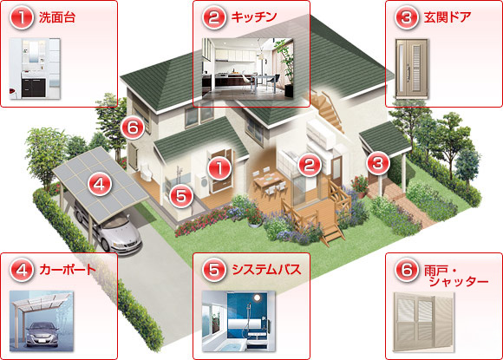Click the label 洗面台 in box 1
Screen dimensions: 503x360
[x=57, y=17]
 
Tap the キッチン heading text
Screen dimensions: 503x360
[x=254, y=17]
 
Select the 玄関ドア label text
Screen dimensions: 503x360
[x=447, y=17]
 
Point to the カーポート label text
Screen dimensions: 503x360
[x=68, y=270]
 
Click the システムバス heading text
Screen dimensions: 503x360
[x=266, y=270]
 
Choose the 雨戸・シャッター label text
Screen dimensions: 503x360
[x=455, y=276]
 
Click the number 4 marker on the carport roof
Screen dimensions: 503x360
[x=100, y=184]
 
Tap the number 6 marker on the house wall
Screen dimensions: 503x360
[x=133, y=128]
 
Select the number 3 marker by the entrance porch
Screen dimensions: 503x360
[x=378, y=163]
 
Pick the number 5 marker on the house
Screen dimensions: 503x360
[x=181, y=196]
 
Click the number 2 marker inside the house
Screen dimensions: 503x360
[x=310, y=165]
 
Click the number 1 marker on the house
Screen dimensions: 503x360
[x=219, y=168]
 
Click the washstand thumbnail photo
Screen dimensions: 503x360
[x=35, y=69]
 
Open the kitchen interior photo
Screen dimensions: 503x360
[x=247, y=68]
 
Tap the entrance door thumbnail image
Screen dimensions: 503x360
[x=412, y=69]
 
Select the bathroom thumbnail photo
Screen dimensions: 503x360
[x=238, y=321]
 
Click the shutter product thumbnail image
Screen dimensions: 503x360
[x=424, y=322]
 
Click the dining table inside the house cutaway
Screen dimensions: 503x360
[x=269, y=181]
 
